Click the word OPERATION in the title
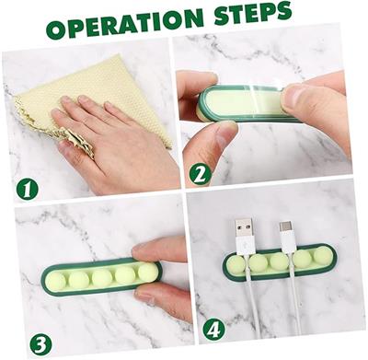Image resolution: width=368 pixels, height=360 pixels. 125,22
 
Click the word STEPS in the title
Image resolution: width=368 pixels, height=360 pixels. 253,13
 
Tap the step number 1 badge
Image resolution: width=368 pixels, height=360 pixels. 27,190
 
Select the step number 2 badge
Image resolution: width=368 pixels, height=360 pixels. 201,175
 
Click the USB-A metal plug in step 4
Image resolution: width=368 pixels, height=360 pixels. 244,227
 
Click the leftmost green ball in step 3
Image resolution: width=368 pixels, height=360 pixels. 56,282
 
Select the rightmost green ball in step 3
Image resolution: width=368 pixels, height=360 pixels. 147,273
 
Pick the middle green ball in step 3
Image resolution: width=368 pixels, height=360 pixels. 102,277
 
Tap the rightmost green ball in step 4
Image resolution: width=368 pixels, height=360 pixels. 323,256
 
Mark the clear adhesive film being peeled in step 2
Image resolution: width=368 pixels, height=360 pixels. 260,89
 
